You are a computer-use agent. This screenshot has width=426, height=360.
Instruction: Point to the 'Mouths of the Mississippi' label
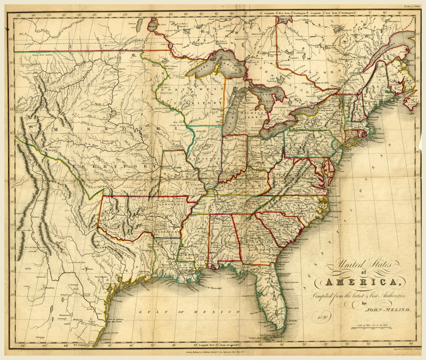point(210,288)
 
